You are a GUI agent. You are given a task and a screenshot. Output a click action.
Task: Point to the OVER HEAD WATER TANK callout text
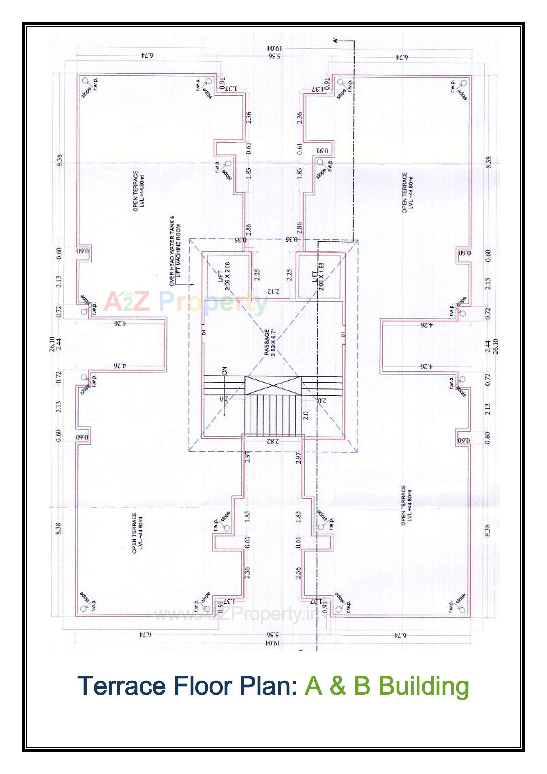coord(176,251)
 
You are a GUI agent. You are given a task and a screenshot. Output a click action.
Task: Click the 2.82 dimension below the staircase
coord(273,441)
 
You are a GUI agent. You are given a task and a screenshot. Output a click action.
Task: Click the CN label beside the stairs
coord(225,370)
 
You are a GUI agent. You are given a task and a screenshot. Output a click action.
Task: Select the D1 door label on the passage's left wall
coord(204,332)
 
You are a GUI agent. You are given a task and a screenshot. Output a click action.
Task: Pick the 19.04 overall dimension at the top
coord(274,49)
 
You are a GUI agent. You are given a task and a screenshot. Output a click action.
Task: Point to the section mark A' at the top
coord(335,40)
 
